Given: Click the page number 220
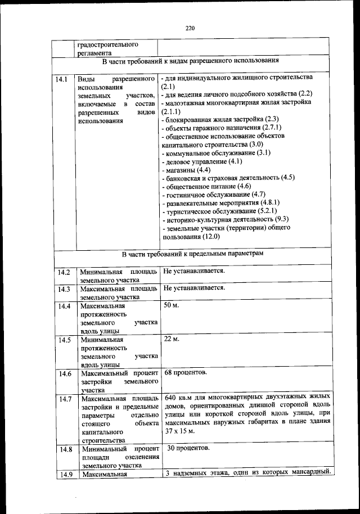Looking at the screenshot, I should tap(189, 29).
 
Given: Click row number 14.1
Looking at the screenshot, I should tap(62, 79).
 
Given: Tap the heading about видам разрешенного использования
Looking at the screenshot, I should tap(191, 60).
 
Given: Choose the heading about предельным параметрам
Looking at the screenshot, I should tap(191, 254).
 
